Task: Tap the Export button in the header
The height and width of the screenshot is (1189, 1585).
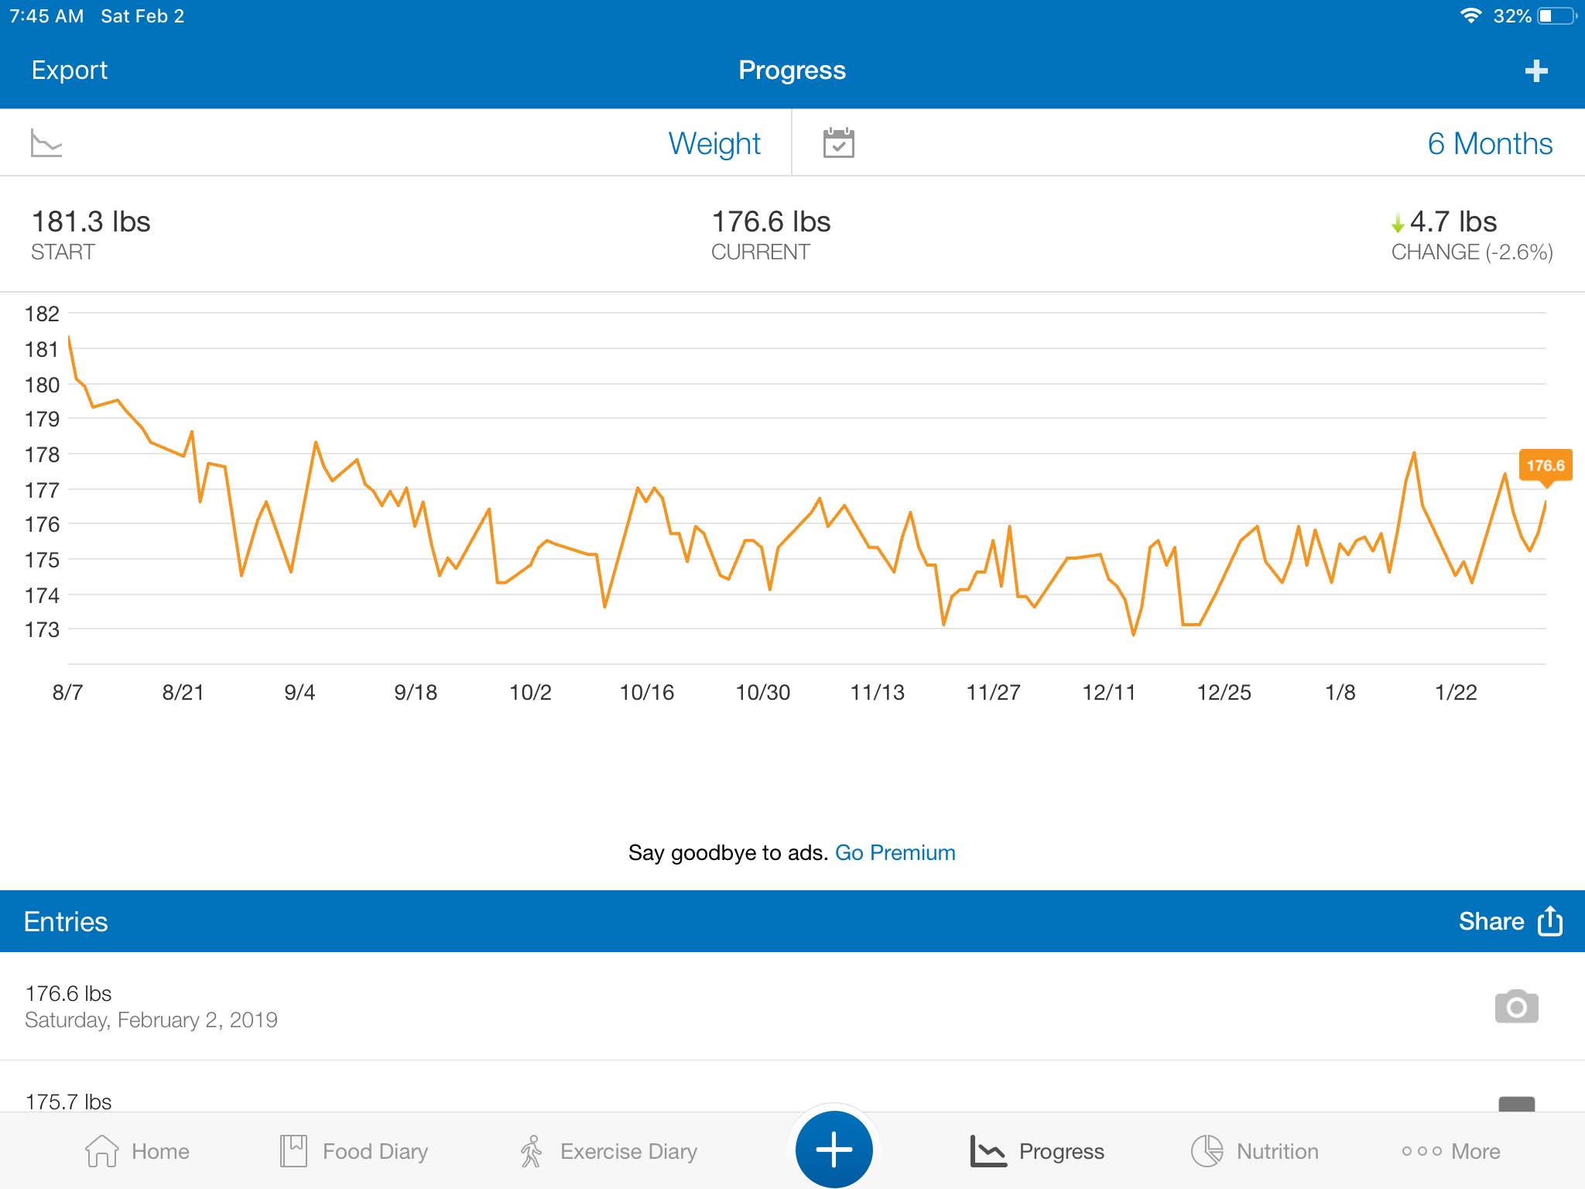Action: pyautogui.click(x=69, y=70)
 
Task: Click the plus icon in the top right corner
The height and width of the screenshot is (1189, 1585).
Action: pyautogui.click(x=1536, y=71)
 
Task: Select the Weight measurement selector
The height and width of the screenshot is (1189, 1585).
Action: pyautogui.click(x=714, y=144)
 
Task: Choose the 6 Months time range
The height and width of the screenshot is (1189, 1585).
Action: pyautogui.click(x=1490, y=144)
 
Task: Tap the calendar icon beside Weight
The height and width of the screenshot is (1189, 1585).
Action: pyautogui.click(x=839, y=143)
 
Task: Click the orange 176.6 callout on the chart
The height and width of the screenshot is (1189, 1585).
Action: pyautogui.click(x=1546, y=466)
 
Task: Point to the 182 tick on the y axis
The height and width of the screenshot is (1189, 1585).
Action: pyautogui.click(x=42, y=314)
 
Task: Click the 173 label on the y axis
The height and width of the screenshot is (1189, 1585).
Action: pyautogui.click(x=42, y=629)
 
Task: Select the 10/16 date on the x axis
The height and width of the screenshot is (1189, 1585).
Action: pyautogui.click(x=647, y=692)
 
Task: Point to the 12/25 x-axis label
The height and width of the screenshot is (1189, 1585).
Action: pyautogui.click(x=1224, y=692)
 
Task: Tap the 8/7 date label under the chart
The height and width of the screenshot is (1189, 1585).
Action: pyautogui.click(x=67, y=692)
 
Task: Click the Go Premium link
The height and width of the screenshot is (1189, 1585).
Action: pyautogui.click(x=895, y=853)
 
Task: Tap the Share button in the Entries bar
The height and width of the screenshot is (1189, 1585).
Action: pyautogui.click(x=1510, y=921)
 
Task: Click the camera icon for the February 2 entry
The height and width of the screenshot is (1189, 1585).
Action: pyautogui.click(x=1517, y=1006)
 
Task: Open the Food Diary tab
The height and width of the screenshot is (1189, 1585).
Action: pyautogui.click(x=354, y=1151)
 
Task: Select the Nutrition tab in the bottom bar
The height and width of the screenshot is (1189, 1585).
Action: pyautogui.click(x=1255, y=1151)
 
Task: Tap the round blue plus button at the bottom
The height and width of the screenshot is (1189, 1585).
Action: pyautogui.click(x=834, y=1150)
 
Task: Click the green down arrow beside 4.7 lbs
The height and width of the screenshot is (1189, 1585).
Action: pyautogui.click(x=1398, y=224)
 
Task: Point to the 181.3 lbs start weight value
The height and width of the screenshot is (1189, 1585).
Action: pyautogui.click(x=91, y=222)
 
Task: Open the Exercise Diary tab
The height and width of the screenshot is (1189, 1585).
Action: pyautogui.click(x=608, y=1151)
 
